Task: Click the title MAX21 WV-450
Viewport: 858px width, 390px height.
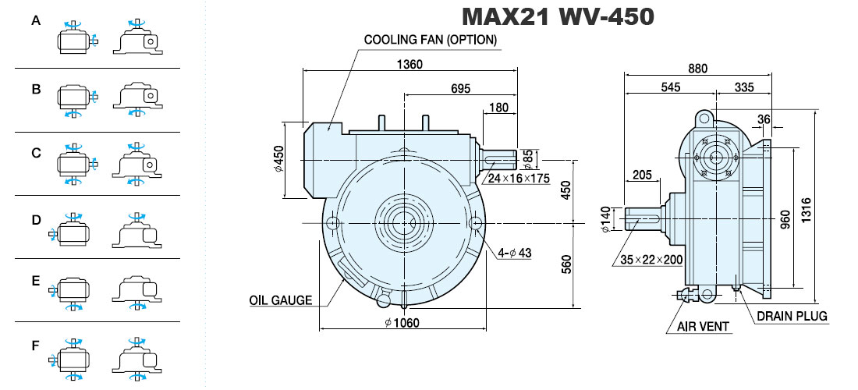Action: (558, 16)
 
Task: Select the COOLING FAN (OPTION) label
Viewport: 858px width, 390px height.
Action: (431, 40)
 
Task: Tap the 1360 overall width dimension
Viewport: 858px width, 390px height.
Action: (409, 64)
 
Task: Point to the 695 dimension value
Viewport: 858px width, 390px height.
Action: (461, 89)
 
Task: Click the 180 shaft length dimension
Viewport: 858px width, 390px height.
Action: (498, 107)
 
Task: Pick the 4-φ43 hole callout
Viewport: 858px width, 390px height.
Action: (514, 253)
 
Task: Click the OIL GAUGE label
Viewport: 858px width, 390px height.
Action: (281, 300)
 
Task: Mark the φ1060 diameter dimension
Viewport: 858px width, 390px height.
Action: (402, 323)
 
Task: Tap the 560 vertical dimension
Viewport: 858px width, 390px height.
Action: (566, 264)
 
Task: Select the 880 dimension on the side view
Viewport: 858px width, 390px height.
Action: (697, 69)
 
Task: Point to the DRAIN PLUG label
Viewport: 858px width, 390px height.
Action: (792, 316)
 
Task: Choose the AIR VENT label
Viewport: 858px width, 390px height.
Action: (703, 327)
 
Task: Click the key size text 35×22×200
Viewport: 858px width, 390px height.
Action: (651, 259)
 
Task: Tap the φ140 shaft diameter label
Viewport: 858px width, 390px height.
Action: (605, 218)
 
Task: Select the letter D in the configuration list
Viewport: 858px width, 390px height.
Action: (36, 220)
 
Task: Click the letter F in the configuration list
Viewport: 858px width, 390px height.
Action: (36, 346)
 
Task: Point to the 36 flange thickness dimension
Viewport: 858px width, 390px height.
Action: (764, 119)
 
